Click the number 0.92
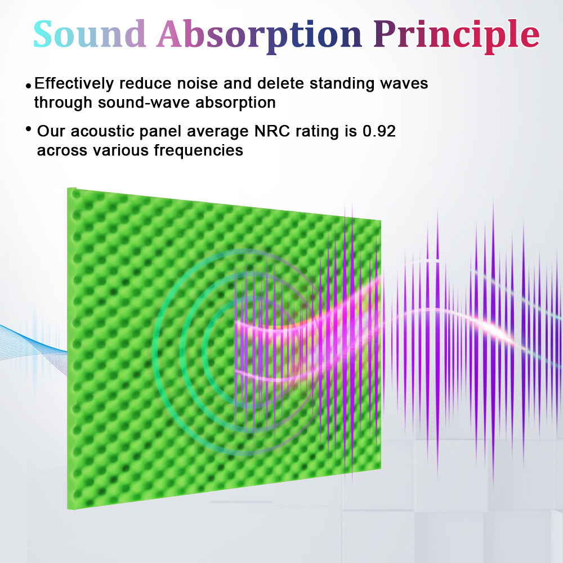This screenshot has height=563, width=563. pos(379,131)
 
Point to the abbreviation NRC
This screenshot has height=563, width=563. pos(272,131)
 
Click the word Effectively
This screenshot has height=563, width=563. pos(74,84)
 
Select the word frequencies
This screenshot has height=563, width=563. pos(199,151)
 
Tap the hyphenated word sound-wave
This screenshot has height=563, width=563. pos(144,102)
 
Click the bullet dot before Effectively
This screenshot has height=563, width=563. pos(29,86)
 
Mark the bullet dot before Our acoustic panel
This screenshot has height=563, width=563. pos(29,128)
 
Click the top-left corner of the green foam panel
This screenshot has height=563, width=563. pos(68,188)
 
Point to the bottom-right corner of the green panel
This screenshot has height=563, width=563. pos(381,468)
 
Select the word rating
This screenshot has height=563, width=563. pos(317,132)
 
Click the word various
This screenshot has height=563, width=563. pos(120,151)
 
